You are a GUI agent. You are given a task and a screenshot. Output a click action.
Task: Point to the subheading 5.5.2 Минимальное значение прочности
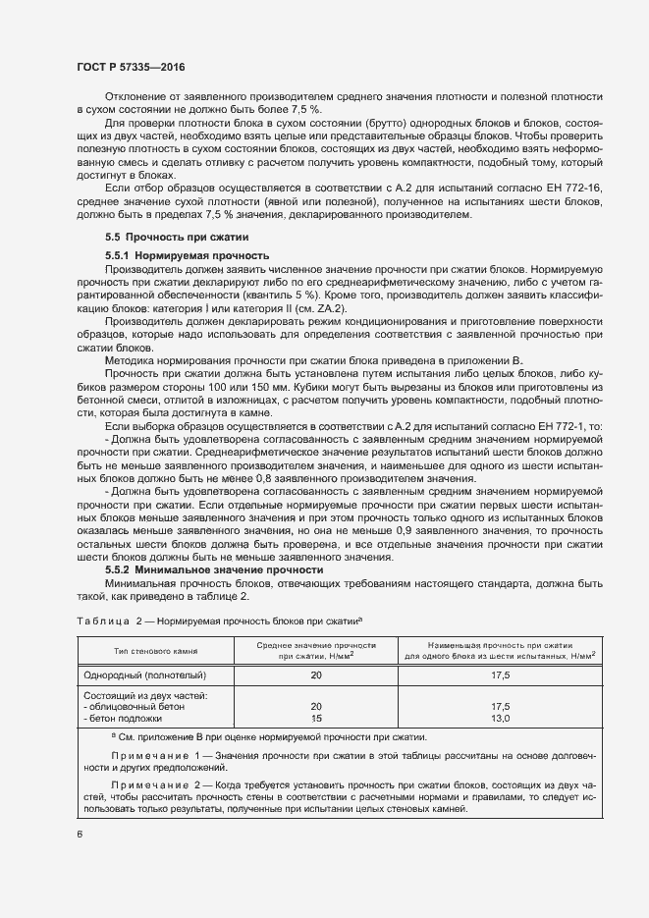(214, 569)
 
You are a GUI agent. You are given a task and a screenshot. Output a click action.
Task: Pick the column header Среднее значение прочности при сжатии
(315, 648)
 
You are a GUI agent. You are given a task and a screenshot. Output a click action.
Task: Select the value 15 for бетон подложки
(315, 718)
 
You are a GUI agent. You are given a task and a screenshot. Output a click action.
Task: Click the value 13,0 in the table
(501, 718)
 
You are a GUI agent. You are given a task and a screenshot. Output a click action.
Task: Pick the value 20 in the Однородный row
(315, 675)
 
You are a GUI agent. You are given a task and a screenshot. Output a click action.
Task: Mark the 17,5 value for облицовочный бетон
(501, 706)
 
